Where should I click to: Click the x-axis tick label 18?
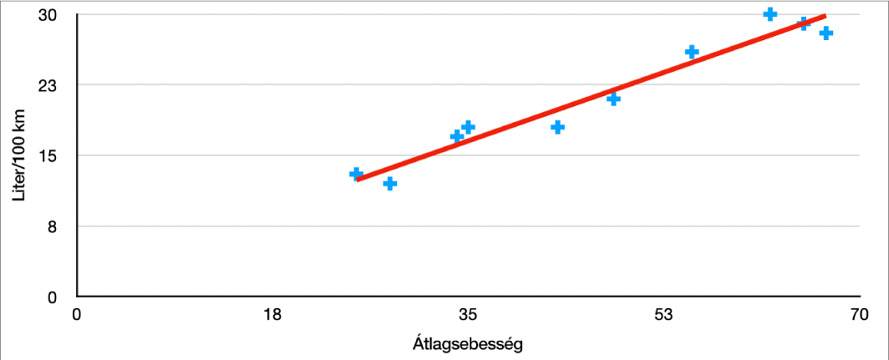point(272,317)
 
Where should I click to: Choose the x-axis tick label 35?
point(468,317)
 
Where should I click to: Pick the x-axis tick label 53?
point(663,317)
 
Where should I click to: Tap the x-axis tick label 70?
point(859,317)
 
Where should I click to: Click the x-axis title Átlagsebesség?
point(468,343)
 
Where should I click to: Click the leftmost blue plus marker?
point(356,174)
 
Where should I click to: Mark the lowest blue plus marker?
point(389,183)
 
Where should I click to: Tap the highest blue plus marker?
point(770,14)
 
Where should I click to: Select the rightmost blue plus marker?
point(826,33)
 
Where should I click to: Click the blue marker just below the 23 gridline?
point(613,99)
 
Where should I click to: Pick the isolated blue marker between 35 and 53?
point(557,127)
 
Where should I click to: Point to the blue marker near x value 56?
point(692,52)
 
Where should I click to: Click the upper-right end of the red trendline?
point(825,16)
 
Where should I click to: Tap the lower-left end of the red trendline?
point(358,179)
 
